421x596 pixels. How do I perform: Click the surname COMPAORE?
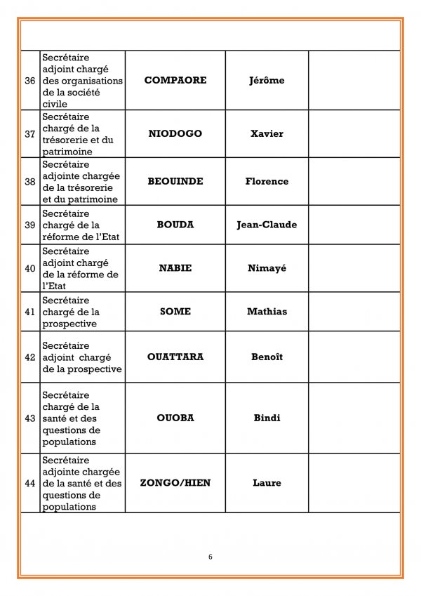175,80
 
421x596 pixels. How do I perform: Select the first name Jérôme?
267,80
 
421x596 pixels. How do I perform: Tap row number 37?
30,134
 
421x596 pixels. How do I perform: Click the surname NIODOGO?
175,133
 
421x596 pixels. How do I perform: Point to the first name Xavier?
267,133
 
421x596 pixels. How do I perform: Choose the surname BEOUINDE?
175,181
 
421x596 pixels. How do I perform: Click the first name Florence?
267,181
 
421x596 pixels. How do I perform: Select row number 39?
30,225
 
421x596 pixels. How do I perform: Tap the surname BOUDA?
175,225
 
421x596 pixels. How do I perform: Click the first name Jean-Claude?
267,225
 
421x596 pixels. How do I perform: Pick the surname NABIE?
175,268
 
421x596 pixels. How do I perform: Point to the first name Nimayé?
267,268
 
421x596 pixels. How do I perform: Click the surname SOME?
175,312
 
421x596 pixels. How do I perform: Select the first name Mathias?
267,312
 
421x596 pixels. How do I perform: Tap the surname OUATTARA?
175,357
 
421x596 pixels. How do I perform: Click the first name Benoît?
267,357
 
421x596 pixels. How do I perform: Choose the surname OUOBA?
175,418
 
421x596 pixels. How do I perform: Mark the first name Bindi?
267,418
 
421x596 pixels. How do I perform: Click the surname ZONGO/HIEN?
175,483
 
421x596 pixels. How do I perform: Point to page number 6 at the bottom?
210,557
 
